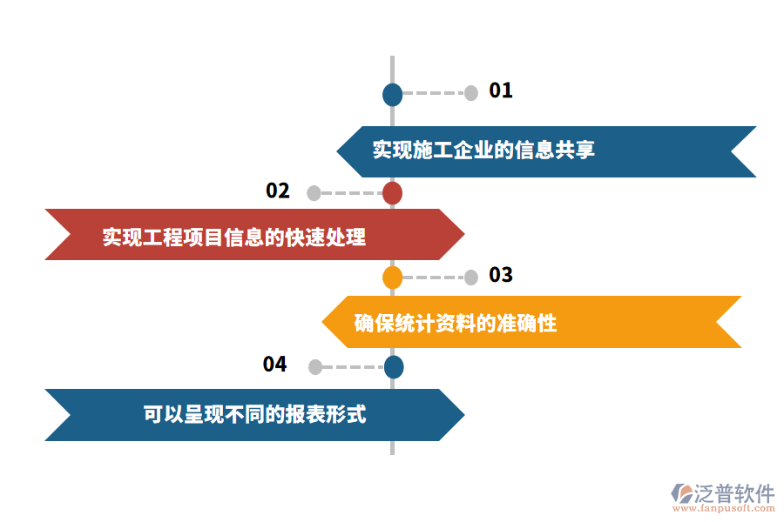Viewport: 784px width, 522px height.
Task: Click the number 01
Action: pyautogui.click(x=501, y=90)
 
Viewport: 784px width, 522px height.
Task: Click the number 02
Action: pyautogui.click(x=278, y=191)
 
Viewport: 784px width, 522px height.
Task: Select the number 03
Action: pyautogui.click(x=501, y=276)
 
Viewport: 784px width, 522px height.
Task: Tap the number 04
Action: pyautogui.click(x=275, y=365)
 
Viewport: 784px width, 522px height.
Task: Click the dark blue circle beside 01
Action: pyautogui.click(x=393, y=94)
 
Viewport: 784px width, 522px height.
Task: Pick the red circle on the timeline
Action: pyautogui.click(x=393, y=193)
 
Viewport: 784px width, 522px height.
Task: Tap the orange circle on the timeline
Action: pyautogui.click(x=393, y=278)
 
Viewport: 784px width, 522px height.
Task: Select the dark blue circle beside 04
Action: pyautogui.click(x=394, y=367)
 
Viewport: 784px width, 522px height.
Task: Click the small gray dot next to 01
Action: pyautogui.click(x=471, y=93)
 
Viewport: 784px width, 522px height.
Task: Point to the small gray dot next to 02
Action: pyautogui.click(x=314, y=193)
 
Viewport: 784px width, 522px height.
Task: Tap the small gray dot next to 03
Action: pyautogui.click(x=471, y=278)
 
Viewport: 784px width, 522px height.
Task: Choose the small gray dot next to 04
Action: pyautogui.click(x=314, y=367)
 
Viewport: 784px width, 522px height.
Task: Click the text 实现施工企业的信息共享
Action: pyautogui.click(x=483, y=151)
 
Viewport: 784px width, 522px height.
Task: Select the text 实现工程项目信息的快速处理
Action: pyautogui.click(x=234, y=237)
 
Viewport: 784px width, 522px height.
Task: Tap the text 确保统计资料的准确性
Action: pyautogui.click(x=456, y=324)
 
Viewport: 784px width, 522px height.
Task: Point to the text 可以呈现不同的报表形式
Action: pyautogui.click(x=254, y=414)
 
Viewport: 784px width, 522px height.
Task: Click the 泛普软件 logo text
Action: pyautogui.click(x=734, y=493)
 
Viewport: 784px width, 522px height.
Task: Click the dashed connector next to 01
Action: pyautogui.click(x=434, y=93)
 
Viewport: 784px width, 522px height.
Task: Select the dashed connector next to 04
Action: pyautogui.click(x=353, y=367)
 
